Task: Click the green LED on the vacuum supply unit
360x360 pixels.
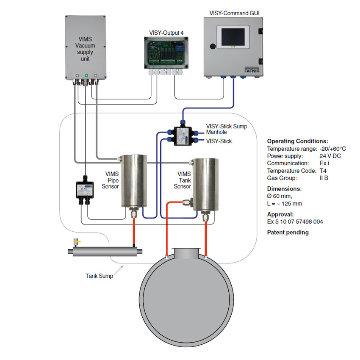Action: point(86,75)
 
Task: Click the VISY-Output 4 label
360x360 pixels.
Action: point(166,32)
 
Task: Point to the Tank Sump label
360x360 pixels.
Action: point(99,276)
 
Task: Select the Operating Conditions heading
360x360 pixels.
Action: point(297,141)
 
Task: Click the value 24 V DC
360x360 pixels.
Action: point(330,156)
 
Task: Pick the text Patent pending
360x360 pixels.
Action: point(288,233)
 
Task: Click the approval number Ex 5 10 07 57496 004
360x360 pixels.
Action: point(295,222)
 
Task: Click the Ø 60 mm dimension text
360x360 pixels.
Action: point(280,196)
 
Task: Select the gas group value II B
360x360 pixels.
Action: point(324,178)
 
